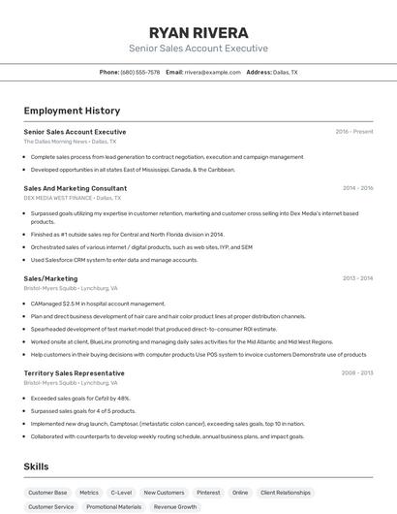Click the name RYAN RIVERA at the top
tap(198, 32)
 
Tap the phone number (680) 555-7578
tap(140, 72)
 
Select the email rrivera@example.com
tap(212, 72)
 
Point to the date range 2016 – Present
tap(354, 132)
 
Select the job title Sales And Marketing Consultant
tap(76, 188)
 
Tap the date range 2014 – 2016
tap(357, 188)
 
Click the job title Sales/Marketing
tap(50, 278)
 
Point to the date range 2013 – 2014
tap(357, 278)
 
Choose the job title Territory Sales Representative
tap(75, 372)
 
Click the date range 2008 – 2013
tap(357, 372)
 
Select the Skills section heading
tap(36, 466)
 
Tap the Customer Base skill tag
tap(47, 493)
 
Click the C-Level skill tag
tap(121, 493)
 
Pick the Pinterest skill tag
tap(208, 493)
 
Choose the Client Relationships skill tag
tap(286, 493)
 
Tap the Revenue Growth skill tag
tap(175, 506)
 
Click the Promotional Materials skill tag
tap(113, 506)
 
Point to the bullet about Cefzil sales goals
tap(80, 399)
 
